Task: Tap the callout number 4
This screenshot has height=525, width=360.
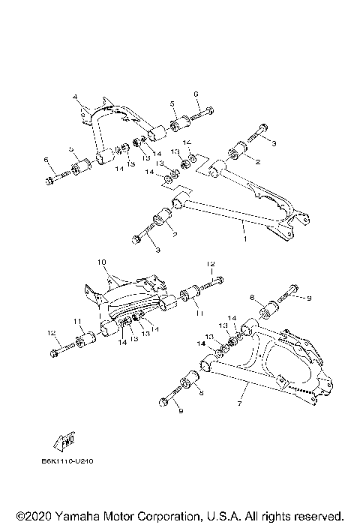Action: coord(76,98)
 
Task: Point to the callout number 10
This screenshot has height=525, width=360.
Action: coord(103,262)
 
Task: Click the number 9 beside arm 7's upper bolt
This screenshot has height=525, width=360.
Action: coord(307,298)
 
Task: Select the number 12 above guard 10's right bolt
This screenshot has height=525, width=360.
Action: coord(211,264)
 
